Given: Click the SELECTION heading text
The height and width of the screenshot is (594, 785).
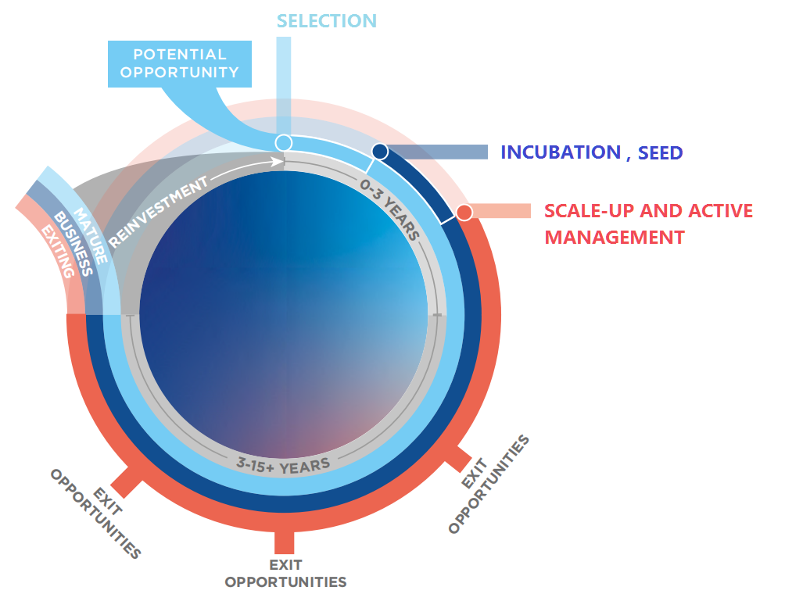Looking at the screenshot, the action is (326, 21).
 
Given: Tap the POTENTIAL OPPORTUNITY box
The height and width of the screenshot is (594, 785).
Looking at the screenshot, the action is (180, 64).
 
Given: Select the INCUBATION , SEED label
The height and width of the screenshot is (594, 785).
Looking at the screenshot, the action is (592, 152).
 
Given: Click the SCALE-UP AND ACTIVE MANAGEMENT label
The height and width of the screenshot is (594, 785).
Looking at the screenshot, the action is (648, 224).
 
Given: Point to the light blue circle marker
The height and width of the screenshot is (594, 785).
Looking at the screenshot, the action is (284, 142).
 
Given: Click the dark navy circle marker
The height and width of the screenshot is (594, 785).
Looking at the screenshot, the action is (380, 151).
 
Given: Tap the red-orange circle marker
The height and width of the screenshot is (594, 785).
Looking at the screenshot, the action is (464, 212).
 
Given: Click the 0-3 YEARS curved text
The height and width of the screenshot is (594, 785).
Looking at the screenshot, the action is (390, 209).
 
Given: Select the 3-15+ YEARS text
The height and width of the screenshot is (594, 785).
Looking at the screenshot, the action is (283, 466).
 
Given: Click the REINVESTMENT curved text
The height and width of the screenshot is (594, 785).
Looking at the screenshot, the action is (158, 211).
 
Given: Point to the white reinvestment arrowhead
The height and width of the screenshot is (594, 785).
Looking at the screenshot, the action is (278, 162).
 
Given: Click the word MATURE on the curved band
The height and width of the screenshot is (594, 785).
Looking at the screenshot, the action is (91, 236).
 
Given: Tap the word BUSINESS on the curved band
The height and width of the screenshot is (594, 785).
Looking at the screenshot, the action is (73, 244).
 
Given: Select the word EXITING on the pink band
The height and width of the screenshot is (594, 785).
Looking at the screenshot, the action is (58, 251).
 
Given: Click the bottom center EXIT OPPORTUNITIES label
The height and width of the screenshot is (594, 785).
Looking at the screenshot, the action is (285, 574).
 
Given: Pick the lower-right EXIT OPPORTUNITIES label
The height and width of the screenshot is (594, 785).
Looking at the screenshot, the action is (489, 484).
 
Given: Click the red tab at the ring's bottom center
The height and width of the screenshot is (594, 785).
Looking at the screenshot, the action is (284, 542).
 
